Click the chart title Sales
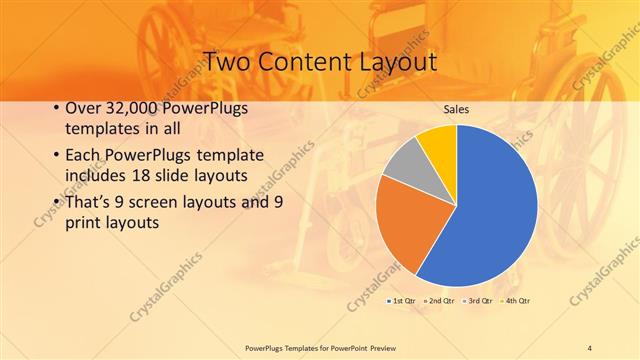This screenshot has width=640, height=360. tap(457, 109)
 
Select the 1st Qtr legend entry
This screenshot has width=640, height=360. tap(401, 300)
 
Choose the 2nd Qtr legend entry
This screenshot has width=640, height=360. tap(439, 300)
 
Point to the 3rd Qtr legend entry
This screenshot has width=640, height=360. tap(478, 300)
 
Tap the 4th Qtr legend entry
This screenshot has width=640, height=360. tap(516, 300)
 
